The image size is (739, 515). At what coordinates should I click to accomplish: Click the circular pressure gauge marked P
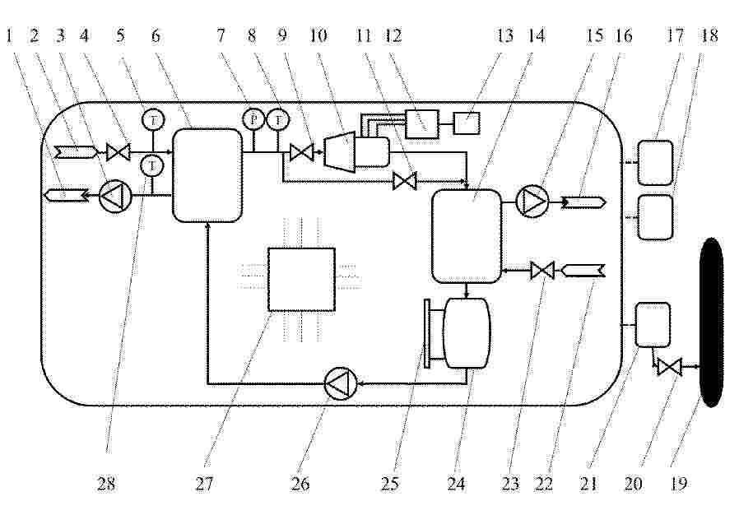pos(253,119)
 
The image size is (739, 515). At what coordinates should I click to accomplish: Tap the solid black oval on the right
pos(712,322)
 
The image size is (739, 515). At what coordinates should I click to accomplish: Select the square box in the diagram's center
pos(302,280)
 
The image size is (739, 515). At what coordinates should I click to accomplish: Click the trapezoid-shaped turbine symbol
pos(339,151)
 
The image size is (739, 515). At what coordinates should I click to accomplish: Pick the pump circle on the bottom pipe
pos(341,383)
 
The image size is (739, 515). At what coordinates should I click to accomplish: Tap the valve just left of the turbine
pos(302,152)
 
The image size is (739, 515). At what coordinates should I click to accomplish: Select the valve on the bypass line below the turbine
pos(405,181)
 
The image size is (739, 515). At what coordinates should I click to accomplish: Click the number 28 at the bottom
pos(106,484)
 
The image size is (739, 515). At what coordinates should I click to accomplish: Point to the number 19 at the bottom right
pos(679,484)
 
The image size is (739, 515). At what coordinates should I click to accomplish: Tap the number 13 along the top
pos(504,35)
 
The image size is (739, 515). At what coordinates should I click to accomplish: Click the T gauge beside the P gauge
pos(278,119)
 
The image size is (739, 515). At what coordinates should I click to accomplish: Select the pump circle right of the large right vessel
pos(533,202)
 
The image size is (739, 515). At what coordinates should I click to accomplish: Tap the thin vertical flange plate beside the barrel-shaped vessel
pos(427,332)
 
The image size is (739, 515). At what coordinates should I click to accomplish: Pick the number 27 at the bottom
pos(204,484)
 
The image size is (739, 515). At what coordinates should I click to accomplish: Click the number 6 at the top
pos(156,35)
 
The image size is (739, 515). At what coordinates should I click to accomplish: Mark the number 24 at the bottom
pos(456,484)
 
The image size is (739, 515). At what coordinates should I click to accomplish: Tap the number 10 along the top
pos(318,35)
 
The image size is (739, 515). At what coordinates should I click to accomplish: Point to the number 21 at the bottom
pos(588,484)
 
